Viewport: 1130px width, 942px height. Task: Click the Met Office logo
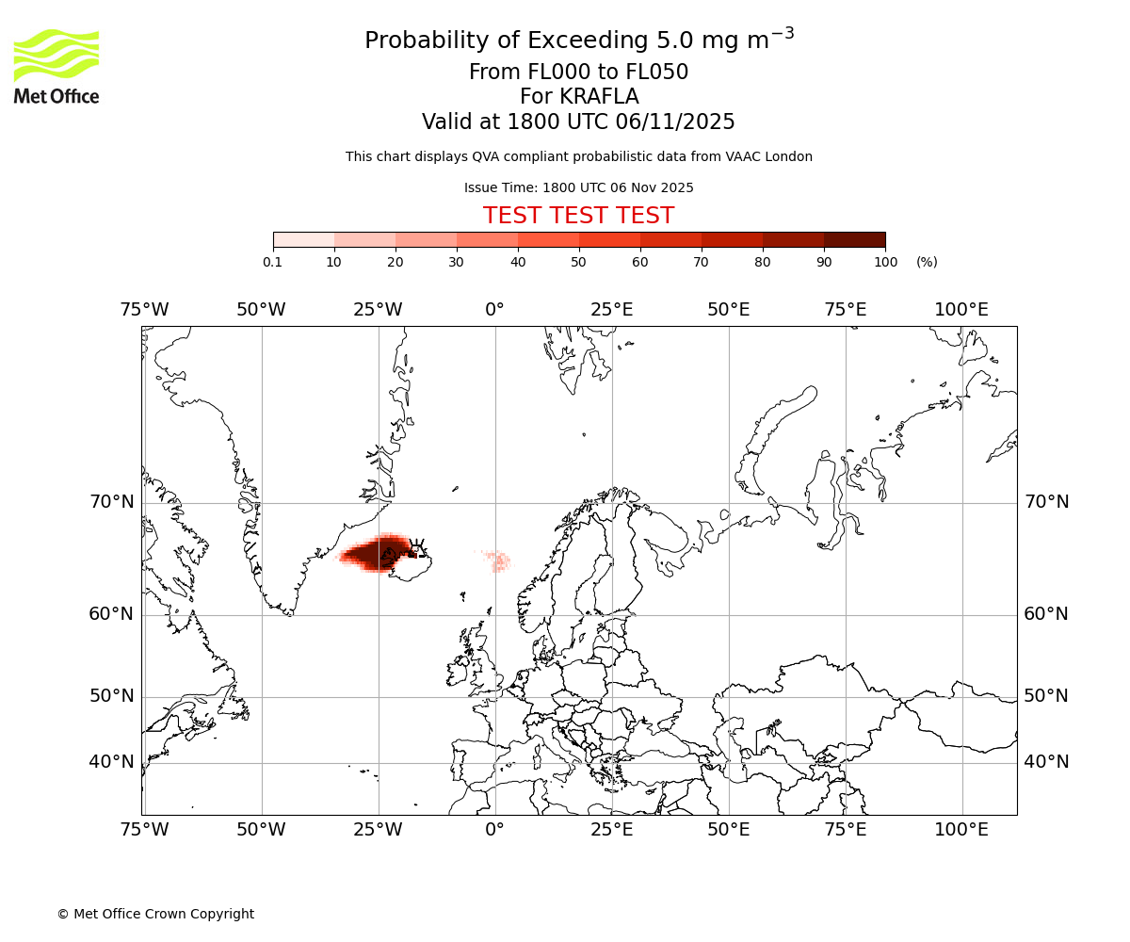(x=56, y=66)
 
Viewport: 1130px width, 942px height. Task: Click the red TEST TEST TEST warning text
(x=578, y=216)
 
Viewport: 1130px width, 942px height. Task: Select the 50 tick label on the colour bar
(x=579, y=262)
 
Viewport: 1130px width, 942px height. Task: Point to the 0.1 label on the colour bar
(x=273, y=262)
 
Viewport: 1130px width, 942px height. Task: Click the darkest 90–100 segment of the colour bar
(x=854, y=239)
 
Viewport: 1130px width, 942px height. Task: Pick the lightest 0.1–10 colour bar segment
(x=303, y=239)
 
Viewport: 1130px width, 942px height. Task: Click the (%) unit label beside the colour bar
(x=927, y=262)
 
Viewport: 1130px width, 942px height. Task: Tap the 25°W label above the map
(x=378, y=310)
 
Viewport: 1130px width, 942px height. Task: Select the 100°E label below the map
(x=961, y=830)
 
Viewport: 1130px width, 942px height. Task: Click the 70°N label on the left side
(x=112, y=502)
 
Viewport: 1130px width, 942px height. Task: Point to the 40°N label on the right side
(x=1046, y=762)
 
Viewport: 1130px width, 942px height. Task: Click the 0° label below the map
(x=495, y=830)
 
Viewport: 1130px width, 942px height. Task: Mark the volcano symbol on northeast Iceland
(x=415, y=545)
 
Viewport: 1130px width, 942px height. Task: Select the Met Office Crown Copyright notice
(x=155, y=914)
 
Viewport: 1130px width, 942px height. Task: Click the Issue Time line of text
(x=578, y=187)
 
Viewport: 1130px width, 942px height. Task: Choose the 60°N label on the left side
(x=112, y=614)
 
